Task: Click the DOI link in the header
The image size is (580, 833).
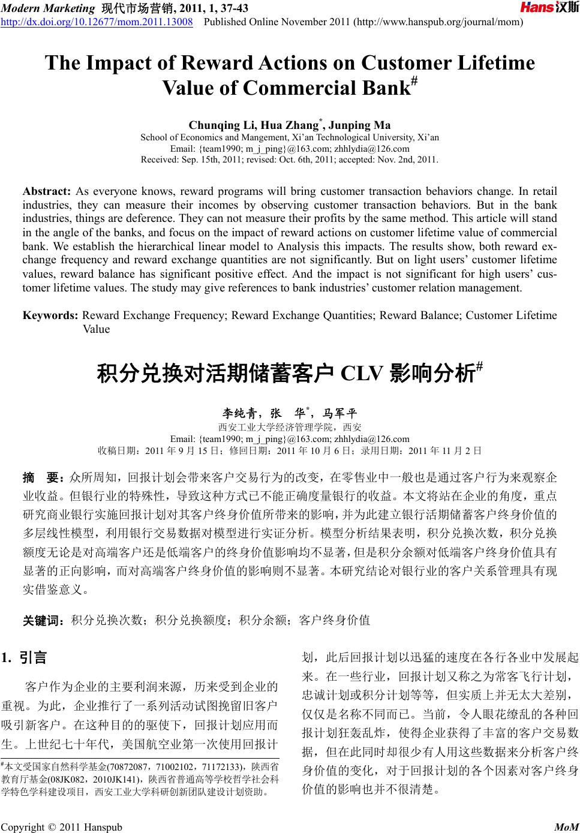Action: (97, 22)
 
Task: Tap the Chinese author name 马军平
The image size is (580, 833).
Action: (339, 413)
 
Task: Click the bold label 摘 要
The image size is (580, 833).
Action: (43, 478)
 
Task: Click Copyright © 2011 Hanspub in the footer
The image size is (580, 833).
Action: (62, 828)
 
